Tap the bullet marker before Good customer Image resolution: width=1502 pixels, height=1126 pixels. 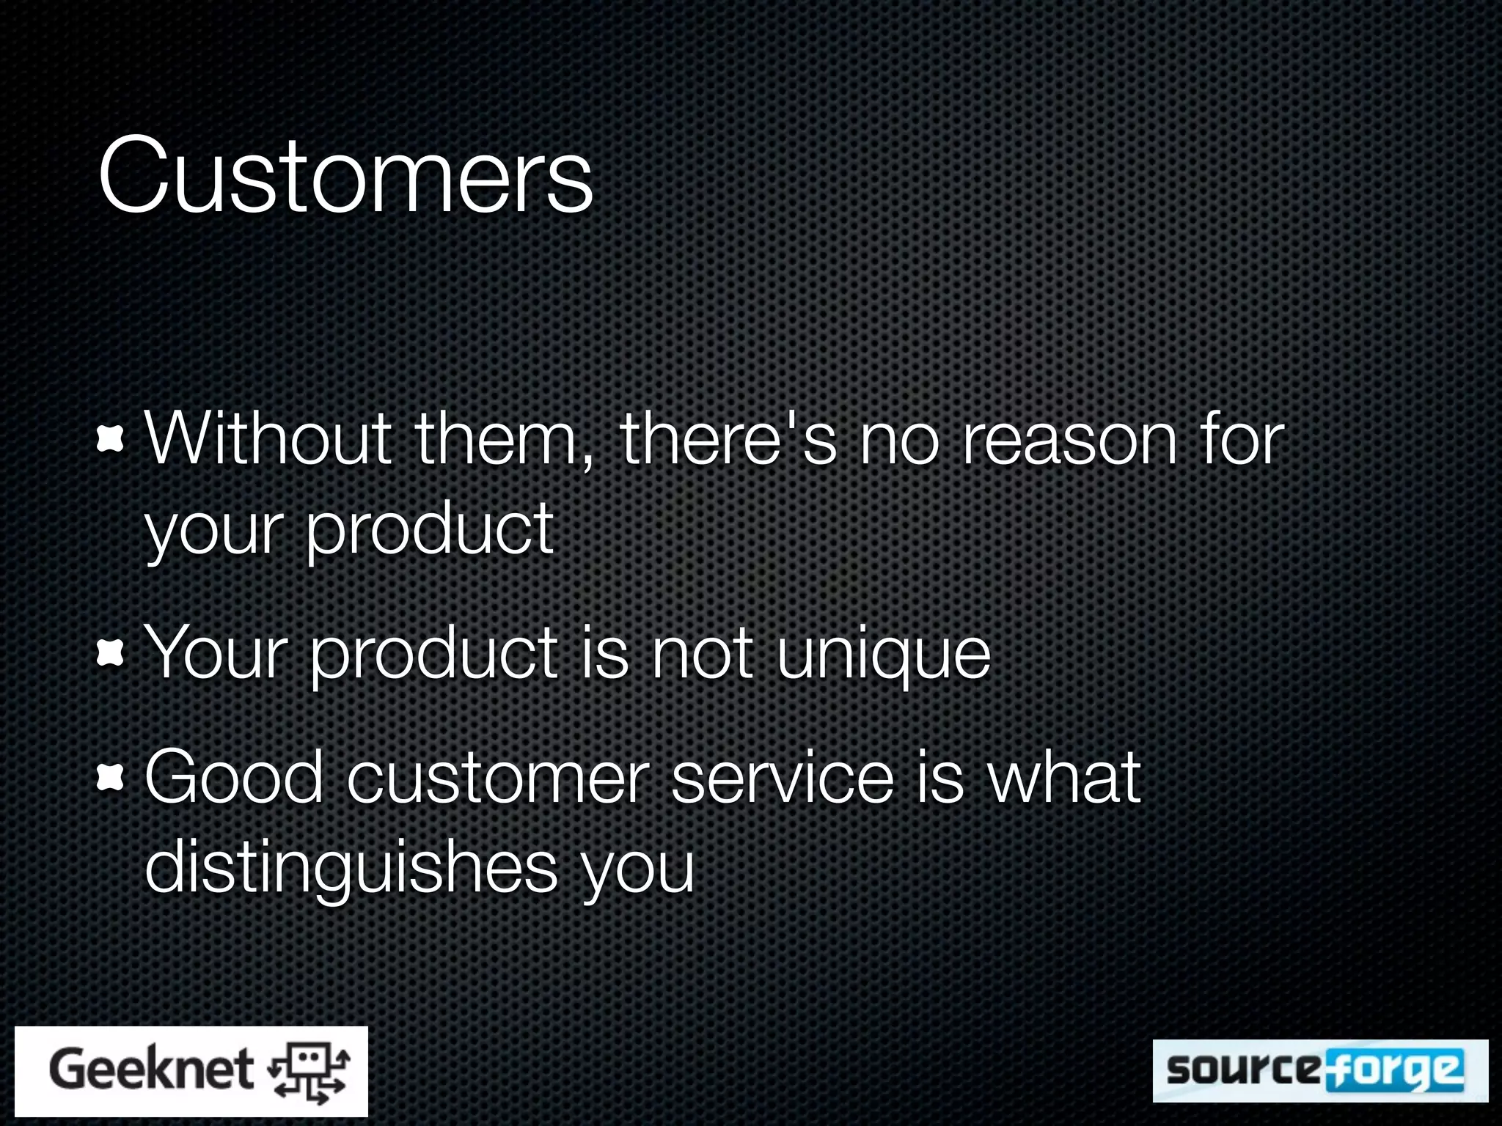click(x=110, y=778)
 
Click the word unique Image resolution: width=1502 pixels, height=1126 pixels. click(x=883, y=654)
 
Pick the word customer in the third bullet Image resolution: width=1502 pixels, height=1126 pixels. click(x=498, y=777)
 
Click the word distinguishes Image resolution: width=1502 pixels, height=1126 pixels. click(x=351, y=867)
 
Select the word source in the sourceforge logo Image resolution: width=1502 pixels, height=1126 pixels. click(x=1242, y=1070)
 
